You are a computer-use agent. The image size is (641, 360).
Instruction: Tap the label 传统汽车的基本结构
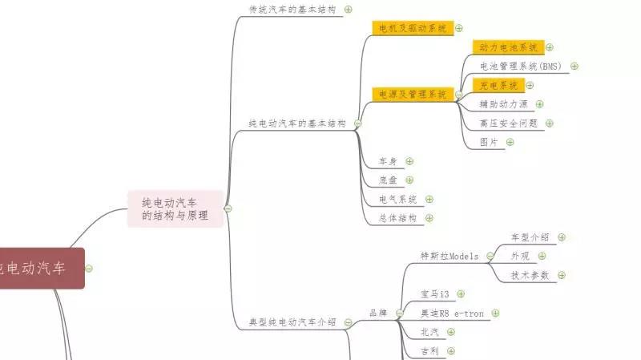point(292,10)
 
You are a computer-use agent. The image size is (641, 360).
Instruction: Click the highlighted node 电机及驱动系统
point(412,28)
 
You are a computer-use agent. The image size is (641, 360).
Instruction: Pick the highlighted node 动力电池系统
point(507,47)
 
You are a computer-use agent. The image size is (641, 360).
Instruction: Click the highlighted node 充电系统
point(498,85)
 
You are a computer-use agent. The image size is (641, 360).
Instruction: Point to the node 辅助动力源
point(503,104)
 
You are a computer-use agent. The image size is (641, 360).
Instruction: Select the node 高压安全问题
point(508,123)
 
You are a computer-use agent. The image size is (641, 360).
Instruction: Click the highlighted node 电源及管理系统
point(412,95)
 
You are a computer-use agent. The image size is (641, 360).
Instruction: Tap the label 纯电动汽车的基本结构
point(296,123)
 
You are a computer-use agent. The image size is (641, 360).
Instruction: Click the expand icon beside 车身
point(409,161)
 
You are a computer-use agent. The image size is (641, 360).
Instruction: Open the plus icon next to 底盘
point(409,180)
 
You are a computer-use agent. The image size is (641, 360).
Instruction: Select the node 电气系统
point(398,199)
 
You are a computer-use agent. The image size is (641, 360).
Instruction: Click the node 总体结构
point(398,218)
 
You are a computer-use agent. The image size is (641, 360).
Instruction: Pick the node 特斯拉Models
point(449,257)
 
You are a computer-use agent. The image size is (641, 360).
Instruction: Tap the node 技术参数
point(530,275)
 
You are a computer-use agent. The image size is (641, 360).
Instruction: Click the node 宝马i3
point(435,294)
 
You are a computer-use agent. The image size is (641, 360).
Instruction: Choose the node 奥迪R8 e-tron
point(452,313)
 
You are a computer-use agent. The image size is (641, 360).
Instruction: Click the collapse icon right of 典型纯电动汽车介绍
point(348,322)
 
